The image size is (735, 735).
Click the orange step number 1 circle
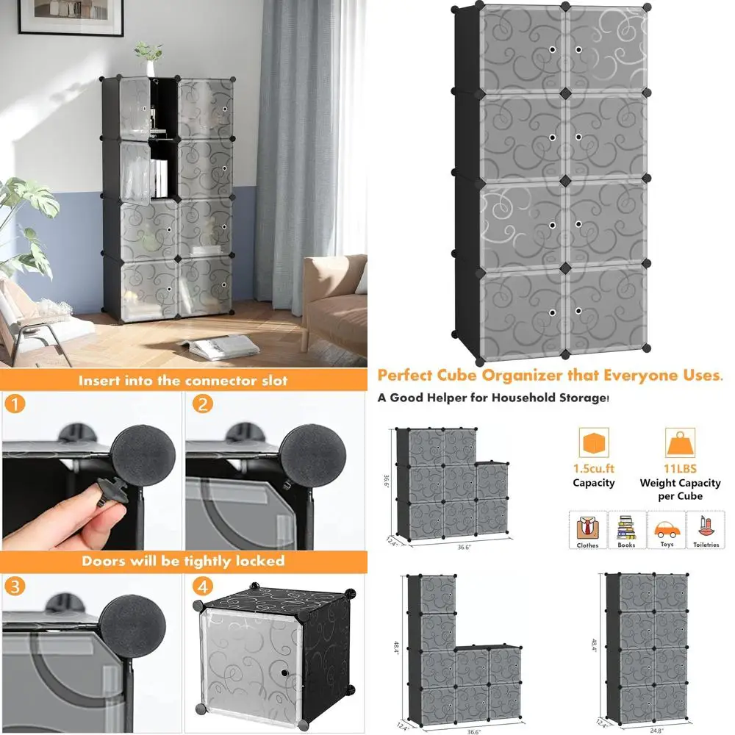15,405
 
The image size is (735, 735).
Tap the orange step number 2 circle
204,404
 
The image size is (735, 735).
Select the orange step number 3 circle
15,588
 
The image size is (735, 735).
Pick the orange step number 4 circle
204,588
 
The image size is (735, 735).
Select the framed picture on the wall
71,17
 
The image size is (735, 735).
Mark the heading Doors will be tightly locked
183,561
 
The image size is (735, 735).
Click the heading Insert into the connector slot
183,380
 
